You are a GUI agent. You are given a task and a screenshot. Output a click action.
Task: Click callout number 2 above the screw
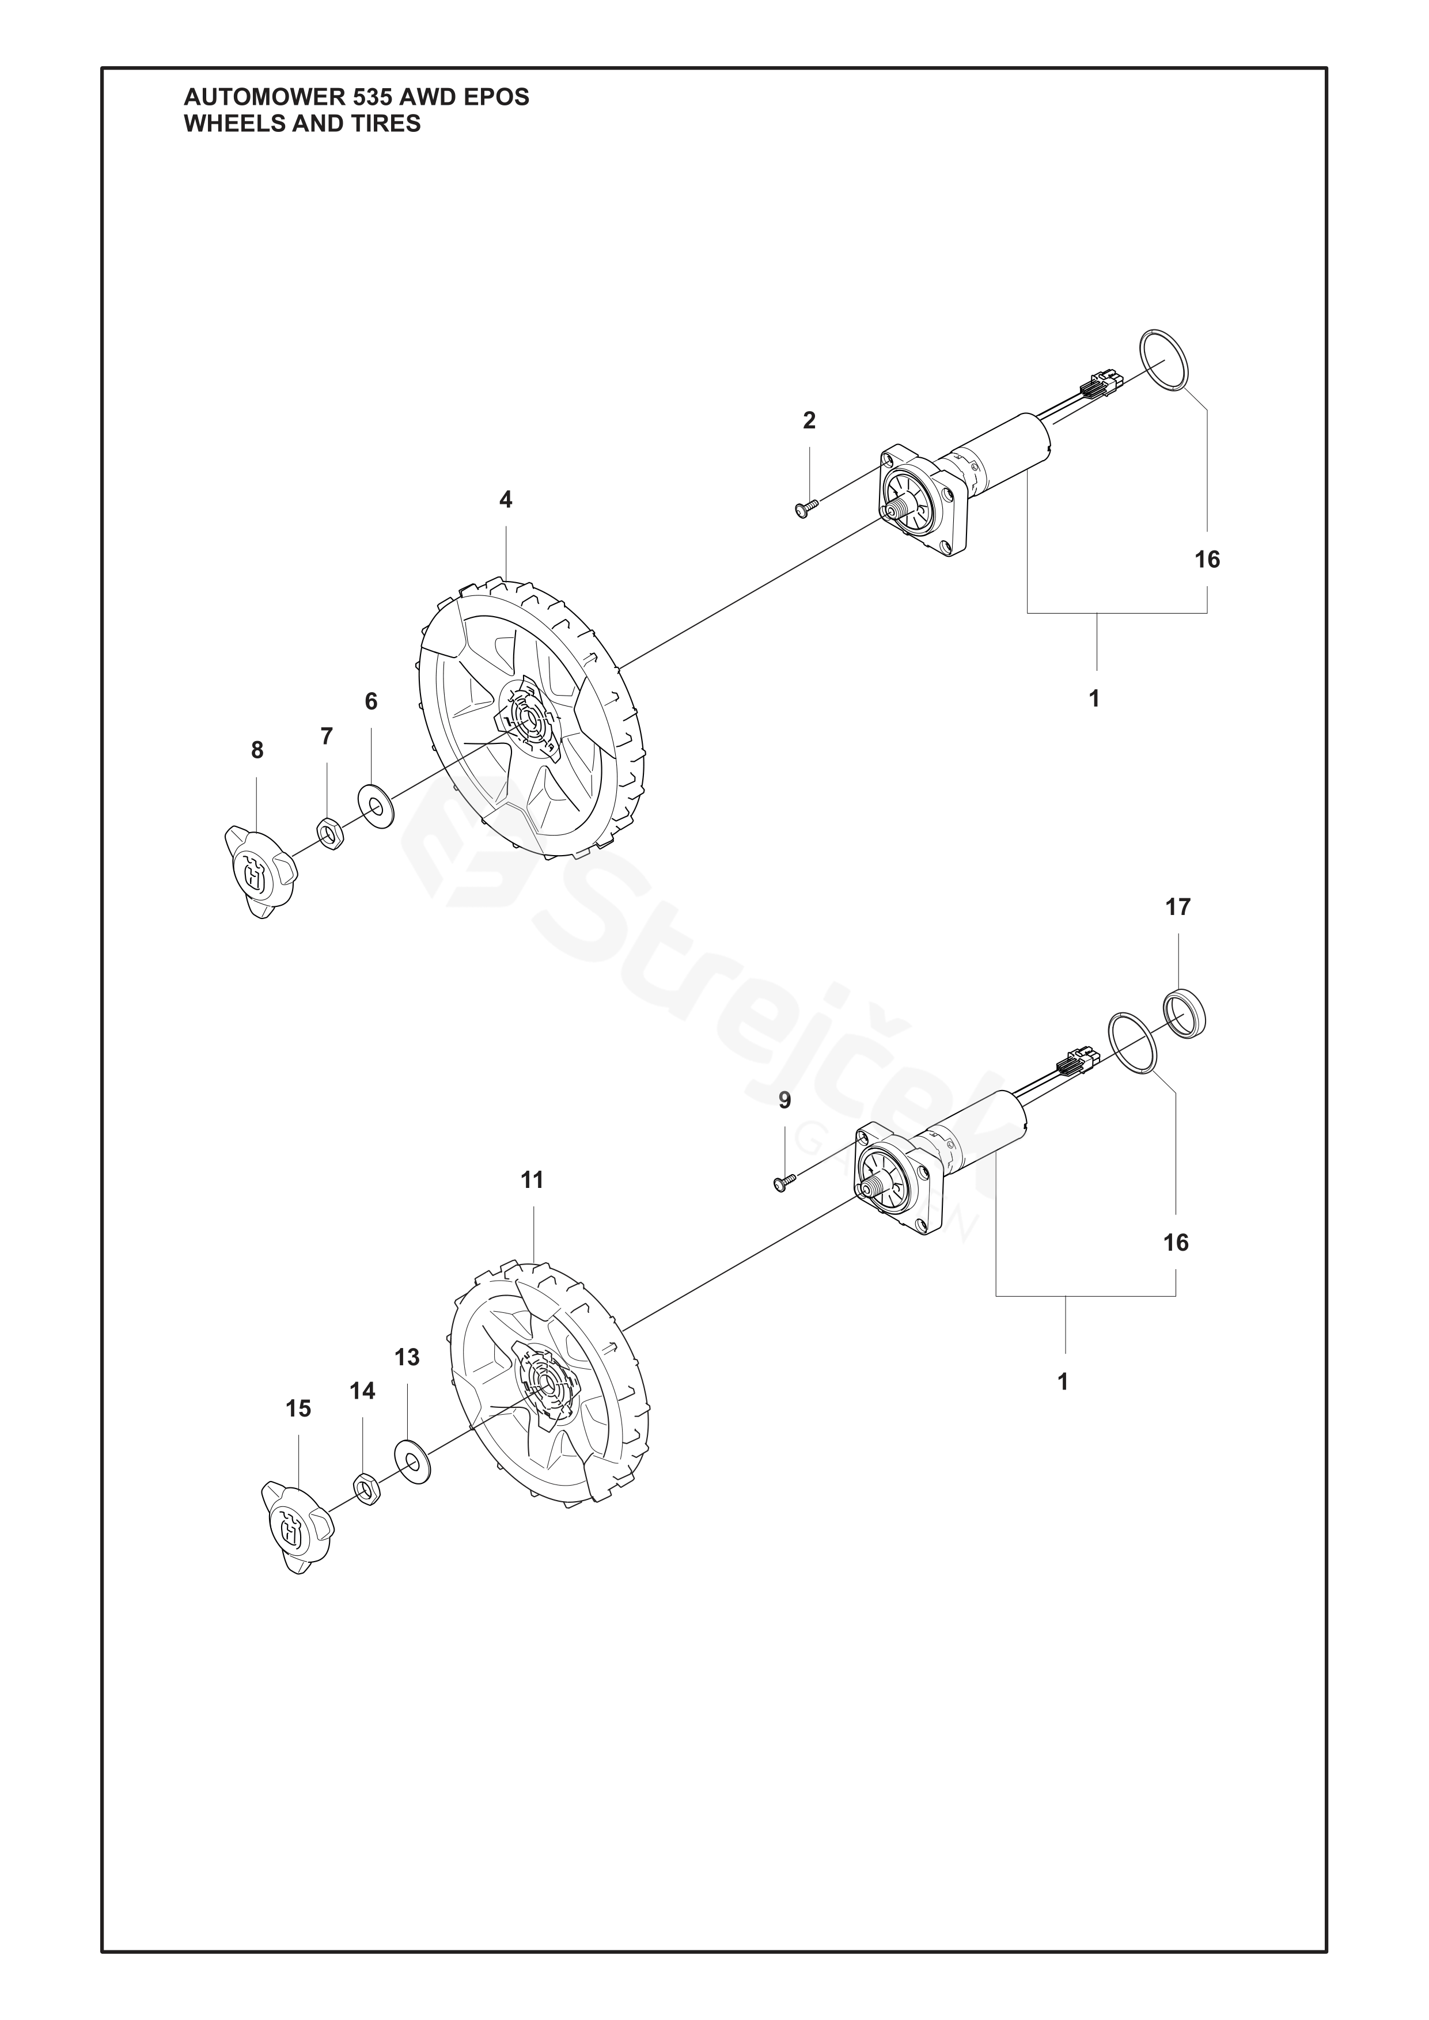coord(809,420)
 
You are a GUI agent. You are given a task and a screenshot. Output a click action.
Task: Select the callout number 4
coord(505,500)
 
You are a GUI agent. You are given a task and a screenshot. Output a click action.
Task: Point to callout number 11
coord(532,1180)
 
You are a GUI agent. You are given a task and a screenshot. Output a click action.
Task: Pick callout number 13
coord(407,1358)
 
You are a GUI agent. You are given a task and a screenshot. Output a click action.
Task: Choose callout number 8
coord(256,750)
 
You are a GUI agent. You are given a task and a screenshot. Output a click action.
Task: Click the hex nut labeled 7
coord(329,832)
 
